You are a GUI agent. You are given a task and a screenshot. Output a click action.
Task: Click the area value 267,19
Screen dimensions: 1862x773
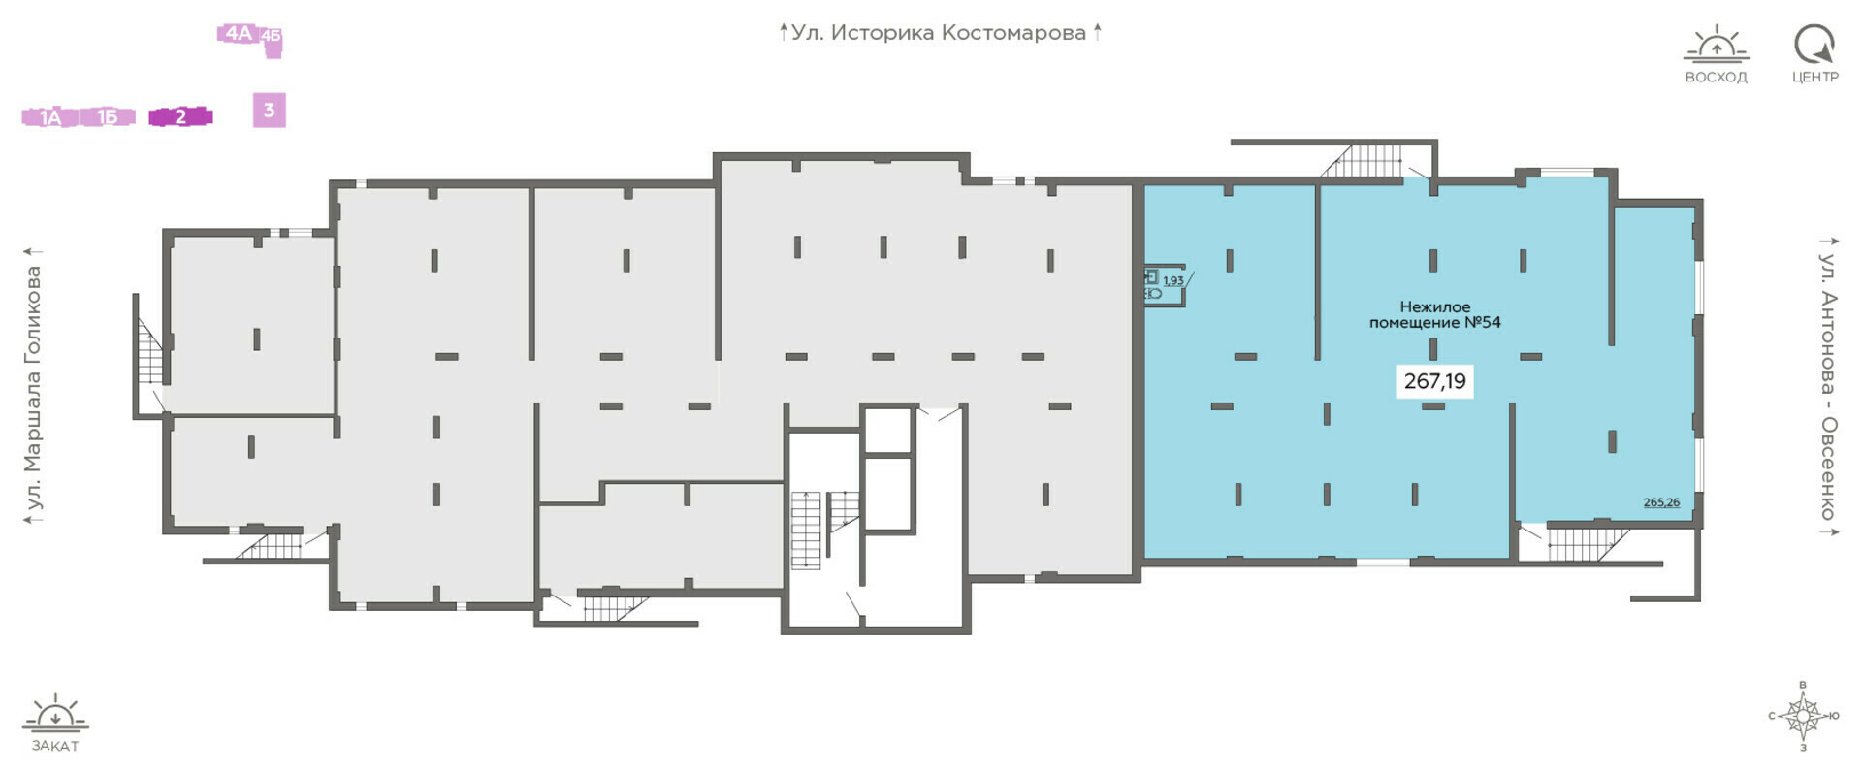point(1435,381)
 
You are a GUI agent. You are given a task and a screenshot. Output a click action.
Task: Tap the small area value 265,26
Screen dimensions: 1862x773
point(1661,502)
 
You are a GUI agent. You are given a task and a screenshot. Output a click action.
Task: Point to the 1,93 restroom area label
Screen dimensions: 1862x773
point(1173,281)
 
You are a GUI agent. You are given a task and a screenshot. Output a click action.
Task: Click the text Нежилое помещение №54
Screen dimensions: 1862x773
point(1435,314)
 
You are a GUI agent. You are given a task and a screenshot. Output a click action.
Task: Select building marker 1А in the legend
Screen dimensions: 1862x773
point(49,117)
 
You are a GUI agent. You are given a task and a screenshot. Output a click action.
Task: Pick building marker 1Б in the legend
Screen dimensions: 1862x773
point(107,117)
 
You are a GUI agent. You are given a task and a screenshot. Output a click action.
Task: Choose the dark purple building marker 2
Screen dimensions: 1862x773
point(180,117)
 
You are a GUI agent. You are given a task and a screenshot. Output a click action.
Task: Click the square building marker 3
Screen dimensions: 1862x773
point(270,111)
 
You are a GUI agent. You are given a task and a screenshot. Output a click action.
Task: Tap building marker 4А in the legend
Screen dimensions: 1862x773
point(239,34)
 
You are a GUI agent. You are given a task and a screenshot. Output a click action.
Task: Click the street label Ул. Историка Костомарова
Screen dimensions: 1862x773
point(939,33)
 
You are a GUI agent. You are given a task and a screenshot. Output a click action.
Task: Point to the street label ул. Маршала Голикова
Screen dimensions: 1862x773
point(34,388)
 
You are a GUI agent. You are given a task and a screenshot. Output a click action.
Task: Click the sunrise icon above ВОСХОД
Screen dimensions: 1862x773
point(1717,44)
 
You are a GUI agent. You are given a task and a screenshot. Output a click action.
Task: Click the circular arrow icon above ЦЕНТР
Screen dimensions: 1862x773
point(1814,44)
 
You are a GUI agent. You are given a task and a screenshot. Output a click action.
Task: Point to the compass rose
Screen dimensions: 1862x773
point(1803,717)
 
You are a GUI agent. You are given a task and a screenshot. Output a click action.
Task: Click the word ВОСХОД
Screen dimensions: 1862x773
point(1717,78)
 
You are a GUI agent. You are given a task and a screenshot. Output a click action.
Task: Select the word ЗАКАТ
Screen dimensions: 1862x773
point(55,746)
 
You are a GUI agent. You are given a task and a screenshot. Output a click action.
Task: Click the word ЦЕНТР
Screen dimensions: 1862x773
point(1815,78)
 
